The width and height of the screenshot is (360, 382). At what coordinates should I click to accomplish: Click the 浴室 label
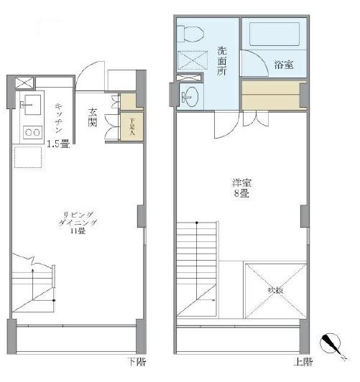[x=283, y=65]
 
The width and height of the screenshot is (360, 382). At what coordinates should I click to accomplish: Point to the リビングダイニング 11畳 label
[x=75, y=222]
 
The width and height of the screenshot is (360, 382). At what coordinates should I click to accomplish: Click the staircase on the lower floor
[x=32, y=284]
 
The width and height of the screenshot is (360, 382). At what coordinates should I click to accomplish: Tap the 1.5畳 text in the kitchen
[x=57, y=144]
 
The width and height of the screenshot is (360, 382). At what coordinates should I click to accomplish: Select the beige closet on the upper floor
[x=270, y=95]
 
